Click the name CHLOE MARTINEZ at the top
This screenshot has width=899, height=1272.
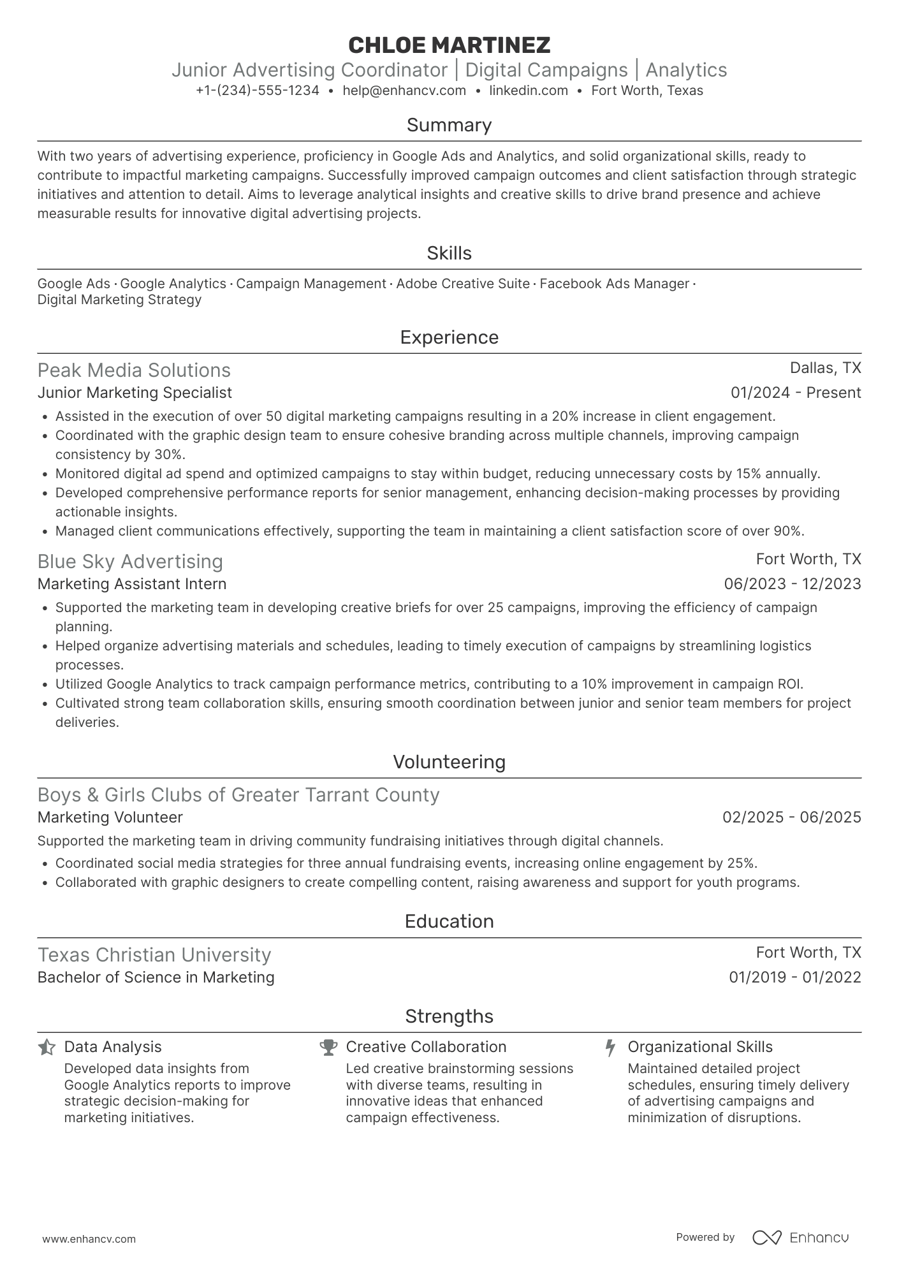pos(449,45)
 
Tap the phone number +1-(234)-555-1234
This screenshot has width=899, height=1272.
pos(258,91)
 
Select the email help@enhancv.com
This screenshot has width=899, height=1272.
pos(404,91)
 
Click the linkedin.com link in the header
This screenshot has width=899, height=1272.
pos(529,91)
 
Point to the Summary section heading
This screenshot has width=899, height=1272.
pos(449,125)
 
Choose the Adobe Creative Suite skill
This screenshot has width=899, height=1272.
pos(463,284)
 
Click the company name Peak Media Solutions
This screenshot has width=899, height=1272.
pos(134,370)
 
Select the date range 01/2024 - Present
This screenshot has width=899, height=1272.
pos(796,393)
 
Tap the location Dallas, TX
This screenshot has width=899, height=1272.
pos(825,368)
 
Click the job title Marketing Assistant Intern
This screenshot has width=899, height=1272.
pos(132,584)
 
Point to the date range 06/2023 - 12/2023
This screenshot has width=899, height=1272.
pos(793,584)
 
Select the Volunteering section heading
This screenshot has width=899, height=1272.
pos(449,762)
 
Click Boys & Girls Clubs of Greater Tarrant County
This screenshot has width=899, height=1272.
pos(238,795)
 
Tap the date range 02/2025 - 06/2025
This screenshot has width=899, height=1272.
pos(791,817)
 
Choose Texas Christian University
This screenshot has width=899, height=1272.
pos(154,955)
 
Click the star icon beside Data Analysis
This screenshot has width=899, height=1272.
pos(47,1048)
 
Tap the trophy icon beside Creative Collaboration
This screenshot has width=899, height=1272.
pos(328,1048)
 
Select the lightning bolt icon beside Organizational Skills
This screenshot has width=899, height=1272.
pos(610,1048)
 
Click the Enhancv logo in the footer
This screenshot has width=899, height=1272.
pos(800,1238)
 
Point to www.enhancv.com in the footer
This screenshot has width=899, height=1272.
pos(89,1239)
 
